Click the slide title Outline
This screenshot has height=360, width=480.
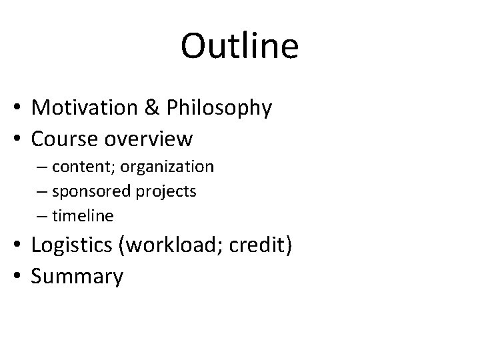tap(240, 46)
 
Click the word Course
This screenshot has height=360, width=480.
tap(65, 139)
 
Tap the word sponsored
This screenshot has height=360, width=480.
tap(92, 192)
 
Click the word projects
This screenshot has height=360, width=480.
tap(167, 192)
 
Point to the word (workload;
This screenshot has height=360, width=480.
tap(173, 245)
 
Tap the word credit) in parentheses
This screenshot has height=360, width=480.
tap(259, 245)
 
